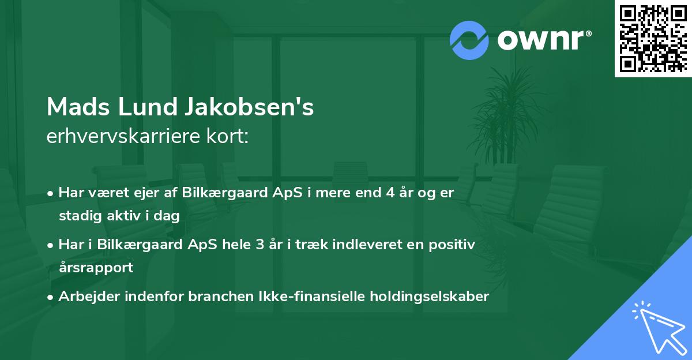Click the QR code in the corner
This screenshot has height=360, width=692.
point(653,38)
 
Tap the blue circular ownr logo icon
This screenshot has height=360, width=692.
point(469,40)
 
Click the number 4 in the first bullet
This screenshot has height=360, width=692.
point(391,193)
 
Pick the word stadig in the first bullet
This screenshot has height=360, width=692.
point(78,216)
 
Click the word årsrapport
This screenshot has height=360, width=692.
point(95,267)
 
